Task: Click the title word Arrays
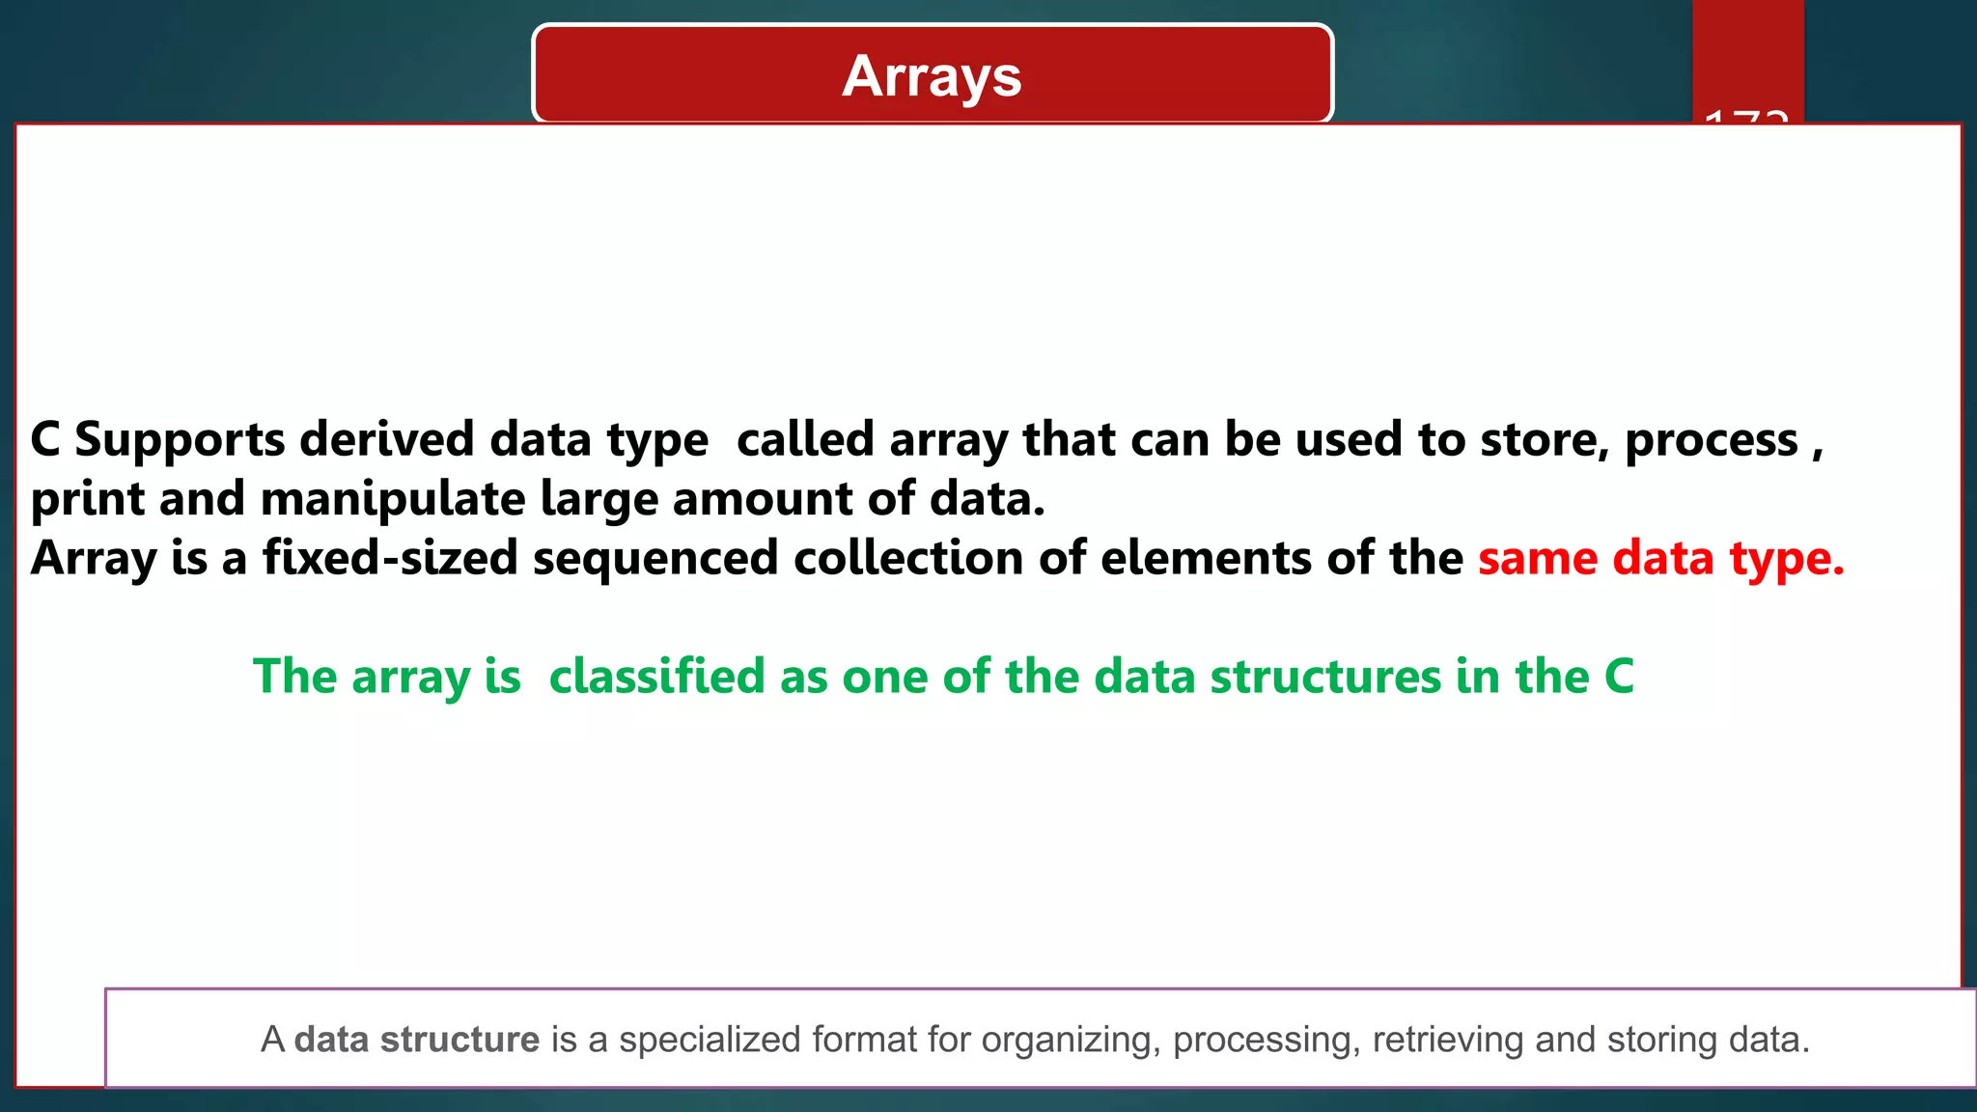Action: click(x=932, y=76)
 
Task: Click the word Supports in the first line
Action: click(x=180, y=440)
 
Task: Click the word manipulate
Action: click(x=393, y=500)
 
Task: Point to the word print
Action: click(x=88, y=500)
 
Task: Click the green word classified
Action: click(x=656, y=677)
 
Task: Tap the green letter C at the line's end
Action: click(x=1619, y=677)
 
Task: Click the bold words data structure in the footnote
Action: click(x=416, y=1040)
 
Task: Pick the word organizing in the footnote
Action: click(x=1071, y=1041)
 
